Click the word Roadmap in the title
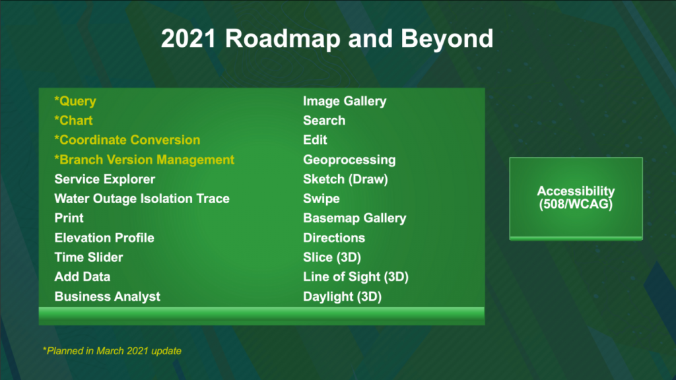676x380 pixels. click(283, 39)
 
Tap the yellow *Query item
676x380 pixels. click(75, 101)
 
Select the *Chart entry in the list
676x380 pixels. click(73, 121)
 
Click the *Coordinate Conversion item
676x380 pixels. click(127, 140)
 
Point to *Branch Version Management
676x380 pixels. click(144, 160)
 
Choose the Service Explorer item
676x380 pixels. click(105, 179)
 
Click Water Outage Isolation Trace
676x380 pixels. click(142, 199)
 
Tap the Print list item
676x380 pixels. click(69, 218)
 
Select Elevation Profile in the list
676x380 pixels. click(104, 237)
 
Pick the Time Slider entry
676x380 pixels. click(89, 257)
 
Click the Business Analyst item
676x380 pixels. click(108, 296)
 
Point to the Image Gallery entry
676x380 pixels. click(345, 101)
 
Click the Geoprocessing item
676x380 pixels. click(349, 160)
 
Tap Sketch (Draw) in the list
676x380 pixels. click(345, 179)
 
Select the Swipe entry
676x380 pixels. click(321, 199)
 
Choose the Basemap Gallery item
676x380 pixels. click(355, 218)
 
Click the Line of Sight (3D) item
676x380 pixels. click(356, 276)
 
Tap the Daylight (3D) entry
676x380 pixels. click(343, 296)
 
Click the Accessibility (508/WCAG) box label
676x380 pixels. click(576, 198)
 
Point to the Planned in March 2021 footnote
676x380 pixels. click(112, 351)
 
